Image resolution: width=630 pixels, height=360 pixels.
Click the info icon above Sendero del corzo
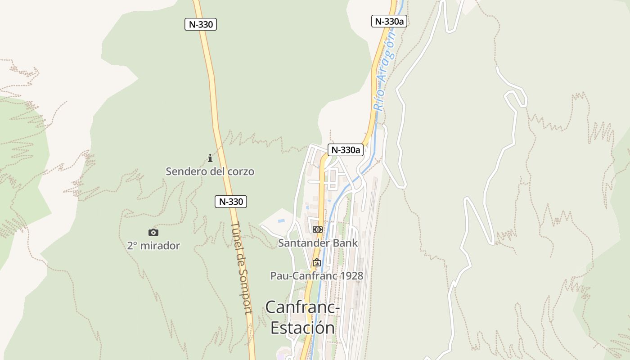pos(210,158)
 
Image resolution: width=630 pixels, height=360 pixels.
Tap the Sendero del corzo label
pos(210,171)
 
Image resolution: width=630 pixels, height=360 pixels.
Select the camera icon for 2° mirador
pos(153,233)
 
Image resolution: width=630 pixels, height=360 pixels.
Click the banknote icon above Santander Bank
pos(318,229)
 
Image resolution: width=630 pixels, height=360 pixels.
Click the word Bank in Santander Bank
pos(345,243)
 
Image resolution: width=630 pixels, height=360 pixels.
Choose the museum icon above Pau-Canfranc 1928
pos(317,262)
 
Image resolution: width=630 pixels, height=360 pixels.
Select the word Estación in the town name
pos(302,328)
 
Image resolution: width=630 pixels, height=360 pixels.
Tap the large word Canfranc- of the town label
pos(302,307)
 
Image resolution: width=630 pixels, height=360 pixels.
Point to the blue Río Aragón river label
pos(385,72)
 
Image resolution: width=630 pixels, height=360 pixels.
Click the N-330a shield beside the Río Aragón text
pos(389,21)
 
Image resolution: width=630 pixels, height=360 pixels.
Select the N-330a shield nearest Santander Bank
pos(345,150)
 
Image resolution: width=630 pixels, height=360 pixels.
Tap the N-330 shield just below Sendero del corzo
pos(231,202)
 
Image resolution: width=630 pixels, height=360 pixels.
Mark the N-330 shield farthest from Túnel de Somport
pos(201,24)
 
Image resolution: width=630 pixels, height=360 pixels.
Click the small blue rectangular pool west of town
pos(281,221)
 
